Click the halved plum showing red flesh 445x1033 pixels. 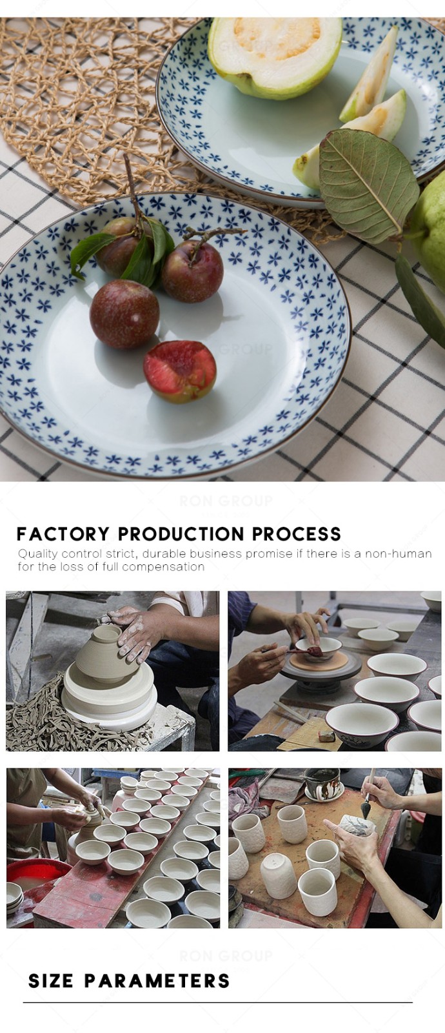[x=179, y=371]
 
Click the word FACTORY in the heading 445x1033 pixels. [x=63, y=533]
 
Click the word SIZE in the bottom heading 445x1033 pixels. [x=51, y=981]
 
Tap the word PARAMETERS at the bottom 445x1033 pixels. [x=157, y=981]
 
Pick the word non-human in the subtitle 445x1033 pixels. [x=399, y=553]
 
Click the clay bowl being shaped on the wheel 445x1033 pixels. [x=99, y=651]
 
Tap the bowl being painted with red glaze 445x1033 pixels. [x=319, y=648]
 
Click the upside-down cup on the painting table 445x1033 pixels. [x=277, y=875]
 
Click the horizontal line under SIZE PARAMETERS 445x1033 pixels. [x=218, y=1002]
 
